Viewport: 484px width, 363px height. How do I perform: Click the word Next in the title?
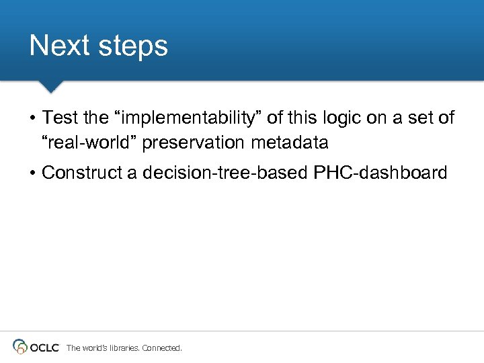(59, 46)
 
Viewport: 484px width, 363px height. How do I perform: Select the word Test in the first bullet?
(61, 118)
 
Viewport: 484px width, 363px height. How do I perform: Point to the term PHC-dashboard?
(380, 173)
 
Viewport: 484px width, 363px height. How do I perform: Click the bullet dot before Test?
(32, 119)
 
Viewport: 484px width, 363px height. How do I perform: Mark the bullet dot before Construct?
(32, 173)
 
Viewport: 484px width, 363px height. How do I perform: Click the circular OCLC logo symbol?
(20, 347)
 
